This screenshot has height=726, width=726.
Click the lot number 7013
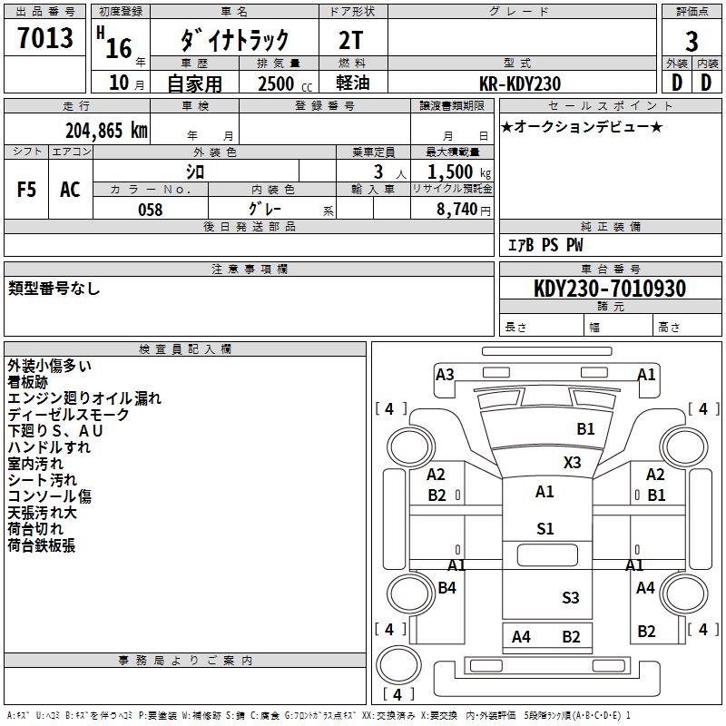click(45, 38)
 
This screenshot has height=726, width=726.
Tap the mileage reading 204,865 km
click(106, 130)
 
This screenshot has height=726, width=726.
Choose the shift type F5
click(27, 190)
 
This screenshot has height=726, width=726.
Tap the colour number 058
click(150, 210)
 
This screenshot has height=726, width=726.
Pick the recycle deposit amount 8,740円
click(464, 210)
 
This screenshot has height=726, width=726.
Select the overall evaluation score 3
click(692, 42)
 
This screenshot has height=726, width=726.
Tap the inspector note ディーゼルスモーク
click(69, 415)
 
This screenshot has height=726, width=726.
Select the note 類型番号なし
click(54, 289)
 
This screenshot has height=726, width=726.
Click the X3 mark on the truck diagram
click(572, 462)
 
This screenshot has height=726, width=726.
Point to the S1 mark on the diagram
click(544, 529)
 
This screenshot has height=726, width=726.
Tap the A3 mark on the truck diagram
click(445, 374)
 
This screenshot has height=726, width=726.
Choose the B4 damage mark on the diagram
click(447, 588)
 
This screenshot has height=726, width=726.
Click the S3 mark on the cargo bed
click(570, 597)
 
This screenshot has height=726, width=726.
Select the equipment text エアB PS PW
click(544, 245)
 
